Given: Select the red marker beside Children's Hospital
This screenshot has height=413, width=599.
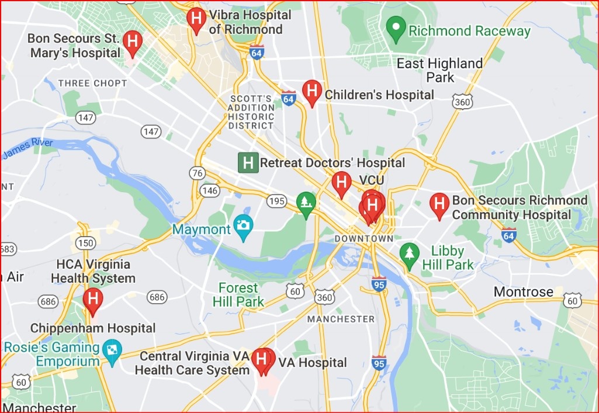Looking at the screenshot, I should click(x=312, y=92).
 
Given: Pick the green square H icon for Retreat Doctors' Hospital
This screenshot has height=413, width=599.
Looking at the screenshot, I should click(x=248, y=162).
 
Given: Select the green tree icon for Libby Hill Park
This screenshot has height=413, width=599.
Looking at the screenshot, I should click(x=410, y=253).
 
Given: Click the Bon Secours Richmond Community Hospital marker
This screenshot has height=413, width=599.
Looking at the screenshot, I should click(x=439, y=205).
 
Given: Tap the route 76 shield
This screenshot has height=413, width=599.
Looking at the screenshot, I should click(x=198, y=173).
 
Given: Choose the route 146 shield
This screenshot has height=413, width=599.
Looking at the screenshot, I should click(x=210, y=190).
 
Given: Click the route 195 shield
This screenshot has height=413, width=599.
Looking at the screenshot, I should click(x=277, y=202).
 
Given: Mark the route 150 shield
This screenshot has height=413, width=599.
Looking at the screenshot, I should click(x=85, y=243).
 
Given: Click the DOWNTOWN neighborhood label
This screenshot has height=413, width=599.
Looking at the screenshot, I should click(x=363, y=239).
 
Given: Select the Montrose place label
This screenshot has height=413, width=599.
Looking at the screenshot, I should click(x=523, y=291).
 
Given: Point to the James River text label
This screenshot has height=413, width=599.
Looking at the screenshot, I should click(x=27, y=148).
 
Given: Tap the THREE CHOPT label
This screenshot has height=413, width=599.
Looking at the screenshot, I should click(x=92, y=84).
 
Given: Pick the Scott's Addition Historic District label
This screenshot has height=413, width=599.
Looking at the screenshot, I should click(x=251, y=112).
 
